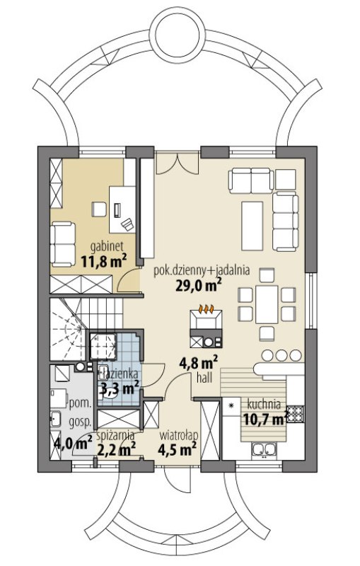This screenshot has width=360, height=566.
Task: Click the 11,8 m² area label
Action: (104, 261)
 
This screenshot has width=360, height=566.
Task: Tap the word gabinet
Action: (107, 247)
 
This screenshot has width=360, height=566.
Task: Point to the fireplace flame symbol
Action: (207, 309)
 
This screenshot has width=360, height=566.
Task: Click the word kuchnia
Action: (264, 404)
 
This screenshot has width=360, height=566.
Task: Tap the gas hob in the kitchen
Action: (296, 414)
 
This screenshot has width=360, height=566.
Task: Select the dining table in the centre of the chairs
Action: (267, 304)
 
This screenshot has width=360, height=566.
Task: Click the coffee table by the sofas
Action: (252, 226)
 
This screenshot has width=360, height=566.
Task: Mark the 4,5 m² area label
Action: (177, 450)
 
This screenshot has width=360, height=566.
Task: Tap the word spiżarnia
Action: (116, 435)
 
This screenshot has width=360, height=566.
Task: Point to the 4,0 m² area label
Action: (73, 443)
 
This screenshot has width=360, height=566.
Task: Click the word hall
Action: (204, 378)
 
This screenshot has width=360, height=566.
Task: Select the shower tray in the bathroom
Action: (103, 347)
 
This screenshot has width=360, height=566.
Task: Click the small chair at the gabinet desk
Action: (99, 209)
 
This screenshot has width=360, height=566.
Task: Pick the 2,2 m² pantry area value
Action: (116, 449)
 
